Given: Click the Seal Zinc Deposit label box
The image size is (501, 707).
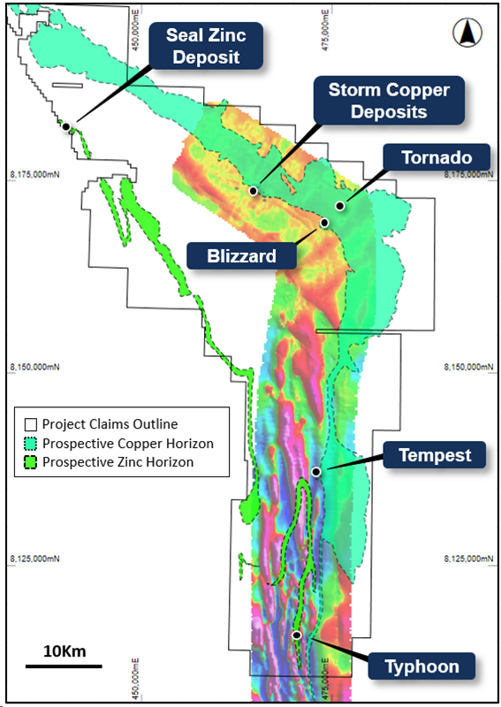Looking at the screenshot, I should pos(209,46).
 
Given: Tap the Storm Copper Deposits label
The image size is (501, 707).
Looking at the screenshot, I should pos(389,101).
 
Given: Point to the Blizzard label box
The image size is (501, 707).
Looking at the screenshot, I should pos(240,256).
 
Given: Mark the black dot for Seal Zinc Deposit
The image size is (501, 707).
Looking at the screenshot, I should pos(65,126).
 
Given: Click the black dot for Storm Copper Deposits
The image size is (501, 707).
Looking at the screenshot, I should pos(254,191).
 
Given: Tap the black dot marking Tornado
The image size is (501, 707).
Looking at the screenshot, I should pos(339,205).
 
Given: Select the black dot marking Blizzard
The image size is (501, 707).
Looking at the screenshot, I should pos(324,223).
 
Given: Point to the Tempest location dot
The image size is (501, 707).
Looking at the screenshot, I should pos(315,472).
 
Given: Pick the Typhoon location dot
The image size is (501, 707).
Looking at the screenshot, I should pos(297,635).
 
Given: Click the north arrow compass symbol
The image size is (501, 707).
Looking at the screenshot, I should pos(466,34).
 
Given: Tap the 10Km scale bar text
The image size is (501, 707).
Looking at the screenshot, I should pos(64,651).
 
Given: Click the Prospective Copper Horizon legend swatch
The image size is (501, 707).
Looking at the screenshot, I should pos(31,443).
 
